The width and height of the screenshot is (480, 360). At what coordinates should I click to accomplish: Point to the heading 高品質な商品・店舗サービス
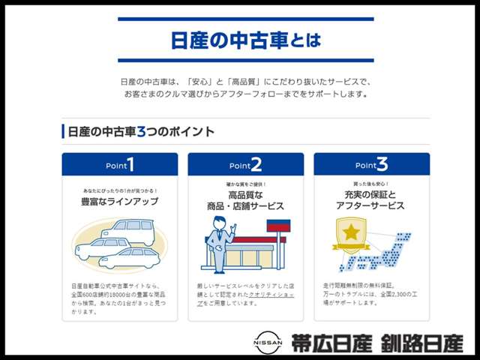point(246,200)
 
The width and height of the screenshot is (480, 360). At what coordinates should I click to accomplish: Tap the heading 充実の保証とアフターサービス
point(372,200)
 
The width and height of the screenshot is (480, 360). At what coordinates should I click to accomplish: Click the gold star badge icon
point(350,235)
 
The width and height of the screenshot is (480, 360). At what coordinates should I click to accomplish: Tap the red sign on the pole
point(278,226)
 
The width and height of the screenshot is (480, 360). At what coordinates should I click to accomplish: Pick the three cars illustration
point(120,244)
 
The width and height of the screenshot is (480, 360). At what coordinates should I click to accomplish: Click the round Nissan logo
point(268,343)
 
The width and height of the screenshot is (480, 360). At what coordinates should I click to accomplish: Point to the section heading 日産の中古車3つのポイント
point(141,132)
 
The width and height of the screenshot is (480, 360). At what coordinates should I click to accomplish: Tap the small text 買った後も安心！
point(372,184)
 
